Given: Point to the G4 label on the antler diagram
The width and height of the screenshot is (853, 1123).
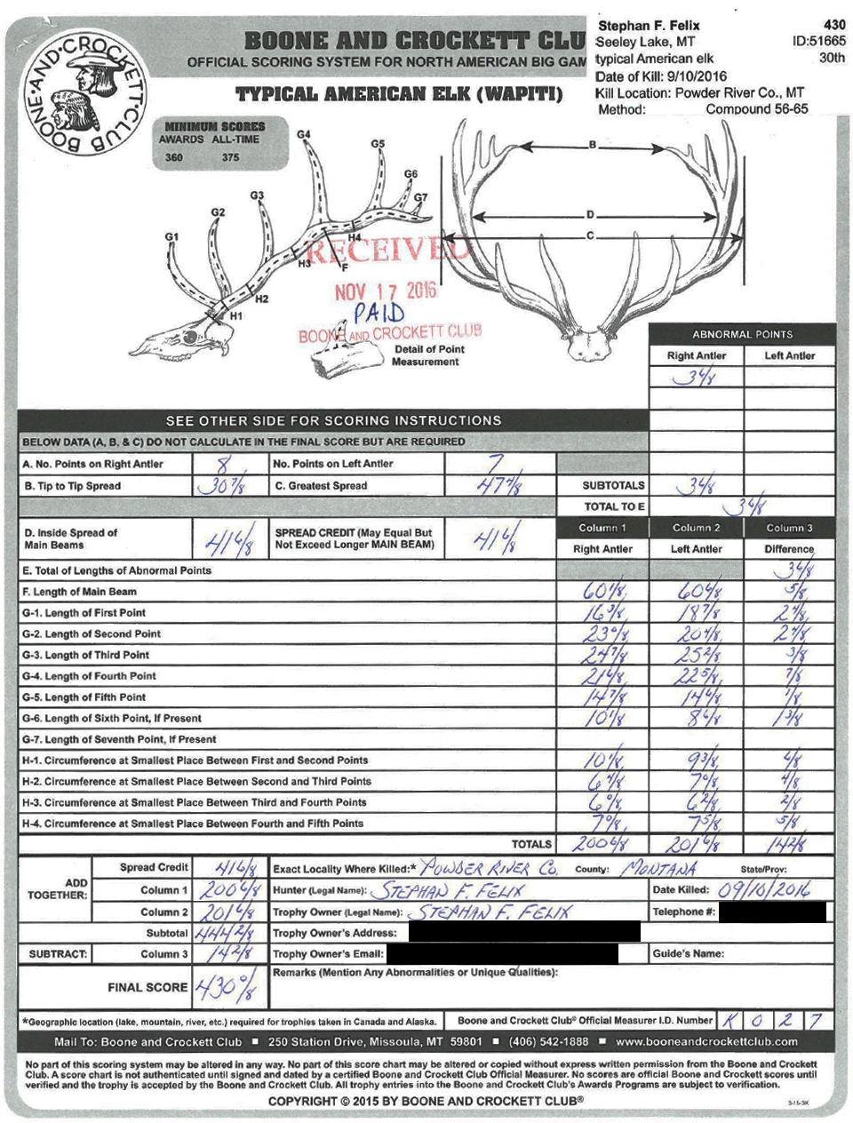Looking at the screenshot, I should [304, 135].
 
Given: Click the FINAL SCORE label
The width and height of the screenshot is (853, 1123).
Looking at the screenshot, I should [147, 987].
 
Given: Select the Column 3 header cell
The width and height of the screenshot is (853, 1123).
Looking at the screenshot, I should [789, 528].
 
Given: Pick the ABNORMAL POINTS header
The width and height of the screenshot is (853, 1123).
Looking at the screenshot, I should [742, 335].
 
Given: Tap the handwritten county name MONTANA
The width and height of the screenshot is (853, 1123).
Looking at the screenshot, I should [659, 868].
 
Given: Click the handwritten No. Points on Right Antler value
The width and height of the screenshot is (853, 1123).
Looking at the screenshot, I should [227, 463].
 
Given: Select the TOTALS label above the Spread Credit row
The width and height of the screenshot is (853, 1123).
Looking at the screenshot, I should [531, 844].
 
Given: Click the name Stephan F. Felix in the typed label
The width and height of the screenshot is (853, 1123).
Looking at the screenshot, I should [649, 27].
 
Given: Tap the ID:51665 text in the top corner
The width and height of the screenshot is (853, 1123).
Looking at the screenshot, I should [818, 41].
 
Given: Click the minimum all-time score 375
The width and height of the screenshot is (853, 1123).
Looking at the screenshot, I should [231, 157].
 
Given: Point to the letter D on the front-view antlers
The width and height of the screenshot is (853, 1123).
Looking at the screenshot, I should [590, 215].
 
